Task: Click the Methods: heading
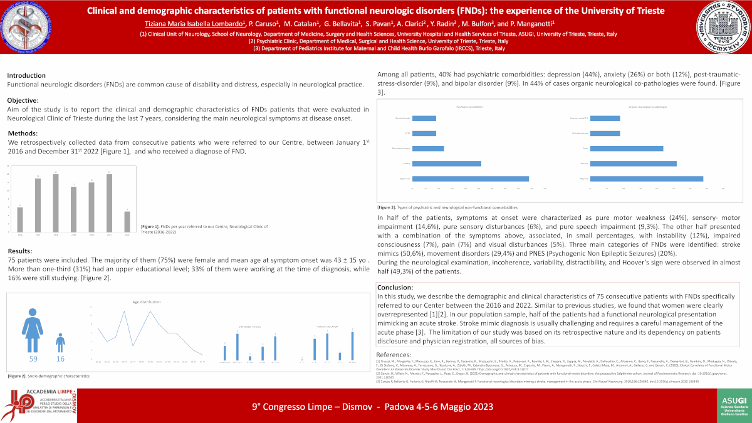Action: coord(23,133)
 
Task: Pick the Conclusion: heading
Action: coord(395,287)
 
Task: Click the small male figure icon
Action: coord(60,342)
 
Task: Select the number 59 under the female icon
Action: coord(33,359)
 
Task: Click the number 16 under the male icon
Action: coord(60,359)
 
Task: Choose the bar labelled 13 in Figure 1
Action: coord(38,197)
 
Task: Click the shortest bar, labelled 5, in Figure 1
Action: coord(127,221)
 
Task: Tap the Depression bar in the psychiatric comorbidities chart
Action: coord(471,179)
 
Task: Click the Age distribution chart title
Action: coord(144,302)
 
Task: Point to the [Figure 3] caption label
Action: coord(386,207)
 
